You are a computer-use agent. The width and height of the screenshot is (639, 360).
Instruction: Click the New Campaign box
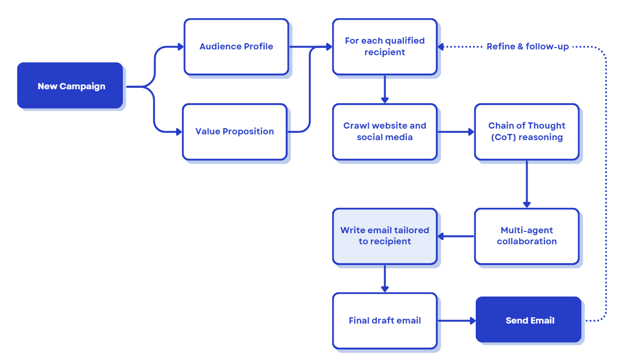pos(71,86)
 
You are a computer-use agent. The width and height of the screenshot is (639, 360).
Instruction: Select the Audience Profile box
pos(236,47)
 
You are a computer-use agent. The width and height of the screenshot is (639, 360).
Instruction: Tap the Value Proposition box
pos(234,132)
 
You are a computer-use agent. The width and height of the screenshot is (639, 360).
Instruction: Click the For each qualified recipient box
pos(385,47)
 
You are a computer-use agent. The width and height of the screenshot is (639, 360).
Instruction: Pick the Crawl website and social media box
pos(385,132)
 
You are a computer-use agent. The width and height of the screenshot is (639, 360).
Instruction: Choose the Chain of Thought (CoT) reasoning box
pos(527,132)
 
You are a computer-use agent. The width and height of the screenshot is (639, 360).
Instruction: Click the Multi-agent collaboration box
pos(527,236)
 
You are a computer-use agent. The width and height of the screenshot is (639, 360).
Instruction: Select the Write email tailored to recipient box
pos(385,236)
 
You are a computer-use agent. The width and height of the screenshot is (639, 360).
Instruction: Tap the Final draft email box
pos(385,321)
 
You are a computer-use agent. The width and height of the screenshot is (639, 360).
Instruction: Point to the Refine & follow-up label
pos(528,47)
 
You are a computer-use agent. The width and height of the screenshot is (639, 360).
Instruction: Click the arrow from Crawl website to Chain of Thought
pos(456,132)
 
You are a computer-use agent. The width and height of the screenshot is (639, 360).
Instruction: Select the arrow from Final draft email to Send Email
pos(456,321)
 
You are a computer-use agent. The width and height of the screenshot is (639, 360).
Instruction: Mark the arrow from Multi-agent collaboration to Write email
pos(456,236)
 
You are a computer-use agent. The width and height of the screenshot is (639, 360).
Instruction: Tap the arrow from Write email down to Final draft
pos(385,278)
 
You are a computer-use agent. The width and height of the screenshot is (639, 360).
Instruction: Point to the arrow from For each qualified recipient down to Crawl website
pos(385,89)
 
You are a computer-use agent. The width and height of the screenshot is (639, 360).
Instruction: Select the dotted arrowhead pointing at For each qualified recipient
pos(441,47)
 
